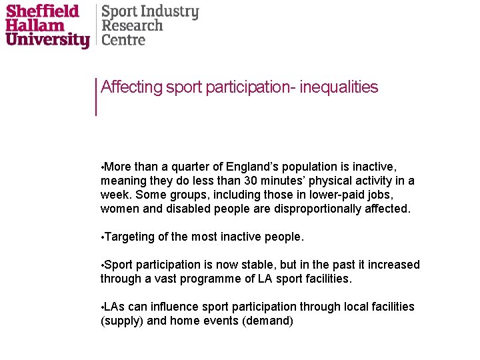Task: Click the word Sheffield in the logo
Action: click(x=43, y=11)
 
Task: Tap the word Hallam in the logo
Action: click(x=35, y=26)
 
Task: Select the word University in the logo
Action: click(x=47, y=40)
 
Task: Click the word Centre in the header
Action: click(x=123, y=40)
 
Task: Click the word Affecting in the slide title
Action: click(x=131, y=87)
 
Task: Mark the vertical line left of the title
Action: click(x=97, y=97)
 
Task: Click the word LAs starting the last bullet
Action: click(x=115, y=307)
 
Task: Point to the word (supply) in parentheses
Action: click(x=122, y=321)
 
